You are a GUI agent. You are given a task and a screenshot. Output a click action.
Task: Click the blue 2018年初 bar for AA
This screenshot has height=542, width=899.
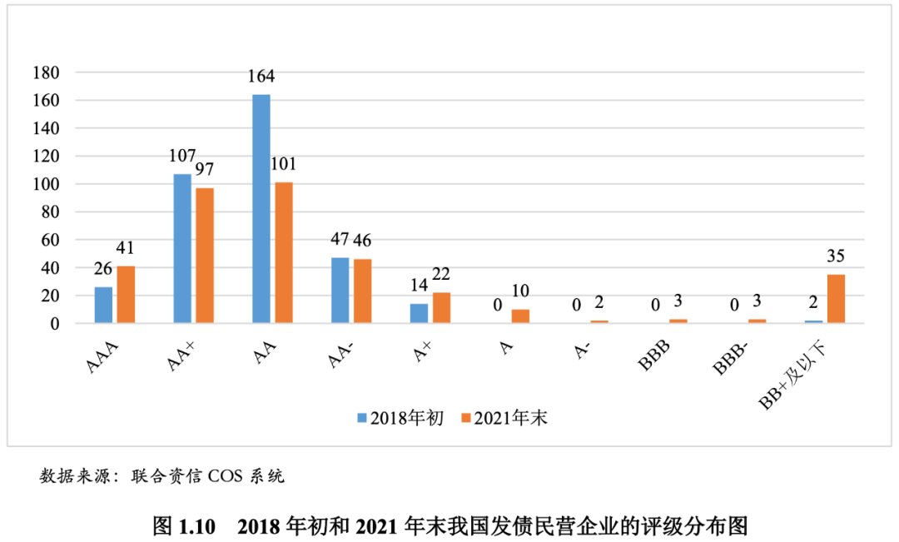(261, 209)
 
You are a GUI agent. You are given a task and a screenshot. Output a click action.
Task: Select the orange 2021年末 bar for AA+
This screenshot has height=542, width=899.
(204, 256)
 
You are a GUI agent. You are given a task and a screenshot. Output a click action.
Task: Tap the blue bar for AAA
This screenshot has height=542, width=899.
(103, 305)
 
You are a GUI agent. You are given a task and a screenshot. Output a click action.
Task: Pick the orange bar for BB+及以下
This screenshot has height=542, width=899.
(836, 299)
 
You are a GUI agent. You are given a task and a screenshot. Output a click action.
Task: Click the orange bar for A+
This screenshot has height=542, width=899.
(441, 308)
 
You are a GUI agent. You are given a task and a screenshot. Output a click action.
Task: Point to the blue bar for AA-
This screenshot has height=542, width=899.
(340, 291)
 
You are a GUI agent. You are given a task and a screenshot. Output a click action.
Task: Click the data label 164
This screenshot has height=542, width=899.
(261, 77)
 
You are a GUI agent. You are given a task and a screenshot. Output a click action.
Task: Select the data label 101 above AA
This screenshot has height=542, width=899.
(283, 164)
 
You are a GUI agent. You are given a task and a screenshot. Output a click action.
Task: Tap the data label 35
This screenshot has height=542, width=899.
(835, 256)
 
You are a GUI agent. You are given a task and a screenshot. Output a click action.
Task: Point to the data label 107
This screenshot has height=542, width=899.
(181, 156)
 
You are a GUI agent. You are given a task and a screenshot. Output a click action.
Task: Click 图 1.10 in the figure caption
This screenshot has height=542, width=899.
(184, 526)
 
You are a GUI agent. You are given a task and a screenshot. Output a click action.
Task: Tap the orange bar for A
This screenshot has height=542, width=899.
(520, 316)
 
